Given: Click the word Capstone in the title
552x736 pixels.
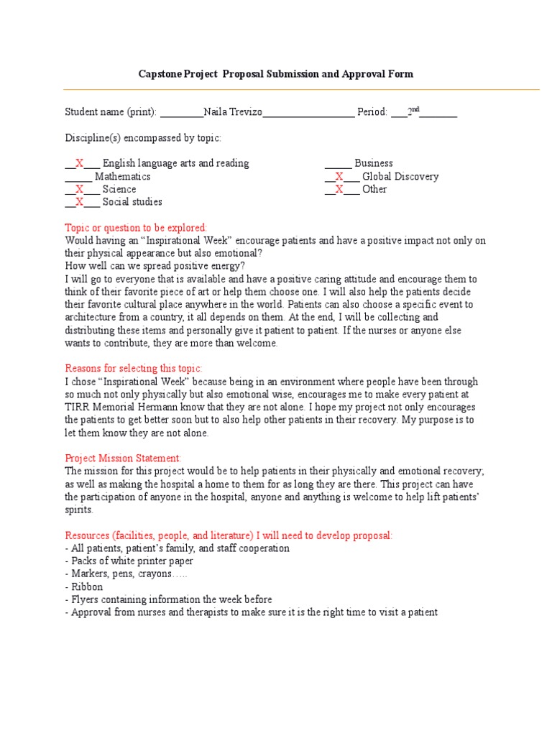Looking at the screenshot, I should (160, 74).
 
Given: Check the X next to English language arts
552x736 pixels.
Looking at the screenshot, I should (80, 163).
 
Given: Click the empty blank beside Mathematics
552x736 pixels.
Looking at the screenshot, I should (78, 176).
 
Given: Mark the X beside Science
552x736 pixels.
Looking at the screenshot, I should (80, 189).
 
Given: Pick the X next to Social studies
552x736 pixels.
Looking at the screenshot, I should (80, 202).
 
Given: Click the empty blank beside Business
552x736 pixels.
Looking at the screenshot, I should (338, 163).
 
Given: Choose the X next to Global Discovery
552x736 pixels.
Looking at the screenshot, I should (339, 176).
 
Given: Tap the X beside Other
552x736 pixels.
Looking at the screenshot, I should (339, 189).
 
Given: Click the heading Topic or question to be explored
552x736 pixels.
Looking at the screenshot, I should (136, 227).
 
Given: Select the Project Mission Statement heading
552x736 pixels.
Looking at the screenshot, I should (123, 458).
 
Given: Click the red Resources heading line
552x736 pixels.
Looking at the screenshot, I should (229, 535).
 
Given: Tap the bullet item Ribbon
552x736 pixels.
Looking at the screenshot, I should (87, 586).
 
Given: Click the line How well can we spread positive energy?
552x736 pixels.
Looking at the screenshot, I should (155, 266).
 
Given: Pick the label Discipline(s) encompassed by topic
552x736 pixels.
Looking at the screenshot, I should (143, 137).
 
